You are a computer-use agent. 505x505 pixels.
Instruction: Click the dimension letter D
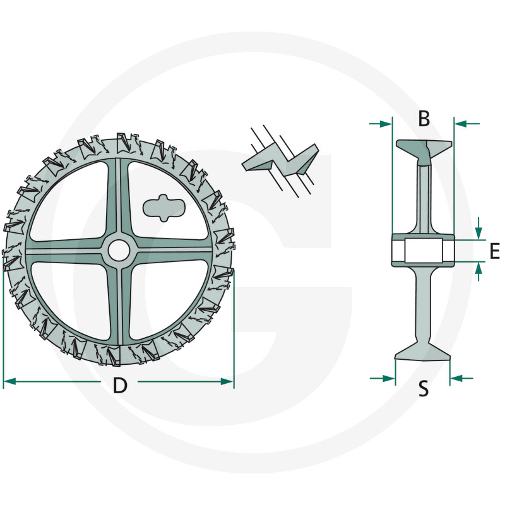[119, 385]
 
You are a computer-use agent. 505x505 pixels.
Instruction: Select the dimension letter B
[424, 118]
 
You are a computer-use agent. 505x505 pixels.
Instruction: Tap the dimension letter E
[494, 251]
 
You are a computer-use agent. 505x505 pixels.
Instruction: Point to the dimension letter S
[424, 389]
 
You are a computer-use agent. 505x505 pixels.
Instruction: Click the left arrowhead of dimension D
[9, 381]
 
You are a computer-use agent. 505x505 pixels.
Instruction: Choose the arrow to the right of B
[461, 124]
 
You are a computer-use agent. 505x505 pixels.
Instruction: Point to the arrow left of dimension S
[388, 378]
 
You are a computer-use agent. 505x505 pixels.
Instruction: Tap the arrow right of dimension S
[457, 378]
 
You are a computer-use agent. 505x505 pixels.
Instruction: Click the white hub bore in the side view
[423, 251]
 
